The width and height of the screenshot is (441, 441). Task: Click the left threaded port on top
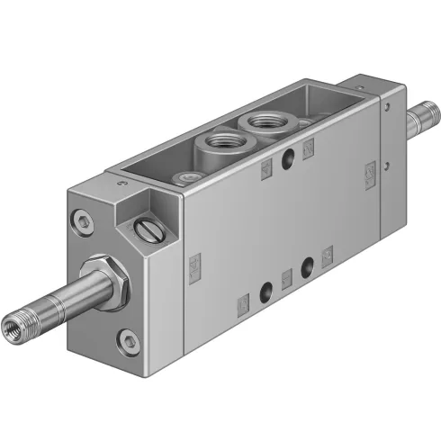[x=218, y=141]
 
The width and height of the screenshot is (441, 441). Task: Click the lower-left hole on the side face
[x=265, y=292]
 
